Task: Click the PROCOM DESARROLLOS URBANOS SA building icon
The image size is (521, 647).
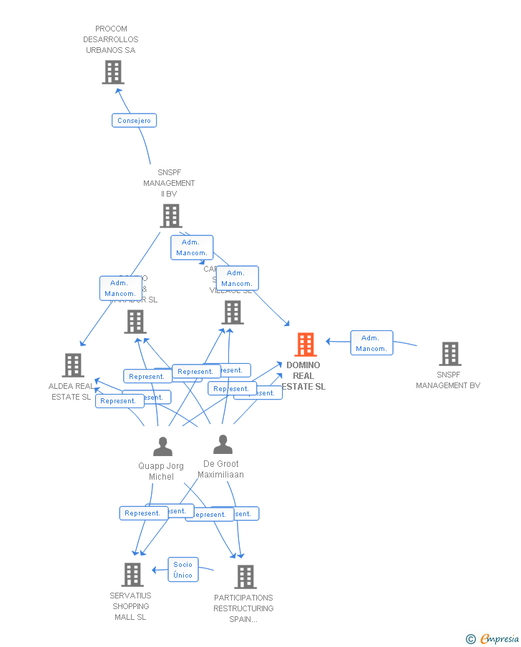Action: [113, 72]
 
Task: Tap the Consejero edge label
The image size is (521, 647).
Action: [134, 121]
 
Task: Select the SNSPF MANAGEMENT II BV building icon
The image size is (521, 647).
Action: [171, 216]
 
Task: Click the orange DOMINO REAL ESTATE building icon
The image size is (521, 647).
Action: [306, 345]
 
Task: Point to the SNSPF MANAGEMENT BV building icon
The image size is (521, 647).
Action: [449, 354]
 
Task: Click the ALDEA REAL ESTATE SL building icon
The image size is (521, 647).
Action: [73, 365]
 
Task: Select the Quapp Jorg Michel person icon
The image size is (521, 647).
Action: [162, 447]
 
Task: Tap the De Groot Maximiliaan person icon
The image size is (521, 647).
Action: [223, 445]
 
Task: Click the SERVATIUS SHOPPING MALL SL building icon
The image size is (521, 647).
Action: [132, 575]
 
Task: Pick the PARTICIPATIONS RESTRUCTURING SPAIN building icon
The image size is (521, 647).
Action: [245, 577]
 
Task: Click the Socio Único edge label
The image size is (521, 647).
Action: [182, 570]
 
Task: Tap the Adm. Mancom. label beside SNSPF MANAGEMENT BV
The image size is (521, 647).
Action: [371, 343]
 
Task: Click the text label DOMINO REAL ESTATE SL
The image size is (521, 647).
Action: [304, 376]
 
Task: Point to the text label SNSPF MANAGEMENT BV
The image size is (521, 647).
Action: [448, 380]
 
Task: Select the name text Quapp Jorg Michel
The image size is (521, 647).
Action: [161, 471]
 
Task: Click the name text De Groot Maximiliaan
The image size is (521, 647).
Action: [221, 469]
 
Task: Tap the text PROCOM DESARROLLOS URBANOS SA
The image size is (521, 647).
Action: [111, 40]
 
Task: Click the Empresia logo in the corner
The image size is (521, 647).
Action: [499, 638]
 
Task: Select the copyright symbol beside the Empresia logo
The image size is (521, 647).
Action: [471, 639]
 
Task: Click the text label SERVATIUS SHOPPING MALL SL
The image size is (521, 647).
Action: [130, 606]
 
